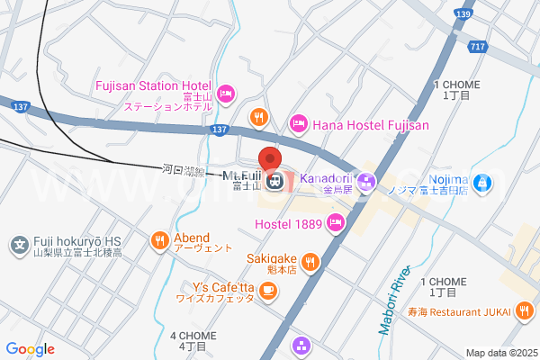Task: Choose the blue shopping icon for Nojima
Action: coord(482,183)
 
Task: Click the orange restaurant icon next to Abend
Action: coord(159,240)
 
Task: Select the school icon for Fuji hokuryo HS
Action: coord(19,243)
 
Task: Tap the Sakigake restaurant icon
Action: coord(310,261)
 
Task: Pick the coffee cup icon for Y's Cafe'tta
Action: coord(268,290)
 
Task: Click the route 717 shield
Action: coord(477,46)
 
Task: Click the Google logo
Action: coord(30,349)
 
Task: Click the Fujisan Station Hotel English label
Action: coord(152,85)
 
